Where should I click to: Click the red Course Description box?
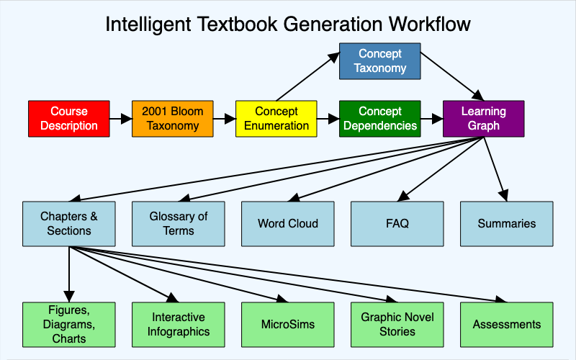(69, 119)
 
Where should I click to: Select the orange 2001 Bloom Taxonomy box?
(173, 119)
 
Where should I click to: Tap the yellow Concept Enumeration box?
(276, 119)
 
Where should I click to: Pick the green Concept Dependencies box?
(380, 119)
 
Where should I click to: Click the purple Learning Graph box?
(483, 119)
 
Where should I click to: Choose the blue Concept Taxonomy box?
(380, 61)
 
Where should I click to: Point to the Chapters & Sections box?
(69, 223)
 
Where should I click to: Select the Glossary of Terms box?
(179, 223)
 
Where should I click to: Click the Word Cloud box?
(288, 223)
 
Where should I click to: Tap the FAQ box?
(397, 223)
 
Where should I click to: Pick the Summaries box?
(507, 223)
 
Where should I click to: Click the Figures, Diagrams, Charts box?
(69, 325)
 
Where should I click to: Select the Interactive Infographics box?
(179, 325)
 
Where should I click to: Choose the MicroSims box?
(288, 325)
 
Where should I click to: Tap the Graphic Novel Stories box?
(397, 325)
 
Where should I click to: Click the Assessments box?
(507, 325)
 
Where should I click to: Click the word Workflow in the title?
(429, 24)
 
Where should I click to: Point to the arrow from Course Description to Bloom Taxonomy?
(120, 119)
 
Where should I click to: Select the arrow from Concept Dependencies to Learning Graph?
(431, 119)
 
